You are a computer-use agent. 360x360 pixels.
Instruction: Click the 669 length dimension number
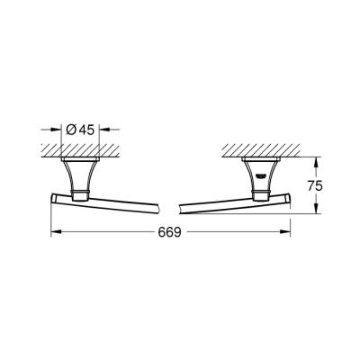click(x=172, y=232)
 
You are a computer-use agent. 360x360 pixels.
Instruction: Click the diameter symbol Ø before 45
click(x=73, y=128)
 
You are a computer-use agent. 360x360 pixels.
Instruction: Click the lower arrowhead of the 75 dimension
click(x=315, y=212)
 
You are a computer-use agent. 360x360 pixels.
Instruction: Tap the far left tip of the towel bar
click(x=51, y=198)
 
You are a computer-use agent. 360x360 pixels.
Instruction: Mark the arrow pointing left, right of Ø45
click(x=103, y=129)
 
